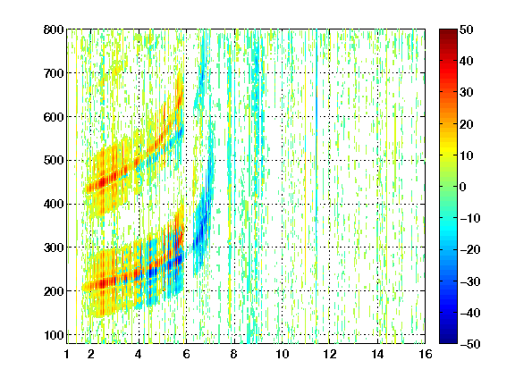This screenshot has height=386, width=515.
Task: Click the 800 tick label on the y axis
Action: click(54, 29)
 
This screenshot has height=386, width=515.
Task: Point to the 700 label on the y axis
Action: click(54, 73)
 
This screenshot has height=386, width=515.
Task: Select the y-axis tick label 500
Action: click(54, 161)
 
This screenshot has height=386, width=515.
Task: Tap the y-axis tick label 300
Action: click(54, 248)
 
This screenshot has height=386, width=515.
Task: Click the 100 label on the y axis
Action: click(54, 335)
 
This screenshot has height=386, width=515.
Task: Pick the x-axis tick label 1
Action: click(67, 354)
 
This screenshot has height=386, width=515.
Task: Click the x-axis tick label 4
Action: click(139, 354)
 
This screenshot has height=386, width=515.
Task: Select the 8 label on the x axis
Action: click(233, 354)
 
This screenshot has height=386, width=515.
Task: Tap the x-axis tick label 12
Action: click(329, 354)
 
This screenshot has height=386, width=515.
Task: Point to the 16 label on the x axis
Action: click(426, 354)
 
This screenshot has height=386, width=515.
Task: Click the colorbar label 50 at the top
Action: click(467, 29)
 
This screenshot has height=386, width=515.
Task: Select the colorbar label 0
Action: click(463, 187)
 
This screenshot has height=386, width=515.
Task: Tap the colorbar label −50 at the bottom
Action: click(470, 344)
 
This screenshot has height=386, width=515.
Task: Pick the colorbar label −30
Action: click(470, 281)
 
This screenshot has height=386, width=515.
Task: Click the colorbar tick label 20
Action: click(467, 124)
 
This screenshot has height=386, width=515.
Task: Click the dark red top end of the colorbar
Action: click(448, 30)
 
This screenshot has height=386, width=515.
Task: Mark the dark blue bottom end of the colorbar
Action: click(448, 341)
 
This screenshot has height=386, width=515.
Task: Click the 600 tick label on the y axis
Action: click(54, 117)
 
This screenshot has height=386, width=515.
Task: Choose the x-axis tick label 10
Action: click(282, 354)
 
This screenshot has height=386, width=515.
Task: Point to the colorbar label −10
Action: click(470, 218)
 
